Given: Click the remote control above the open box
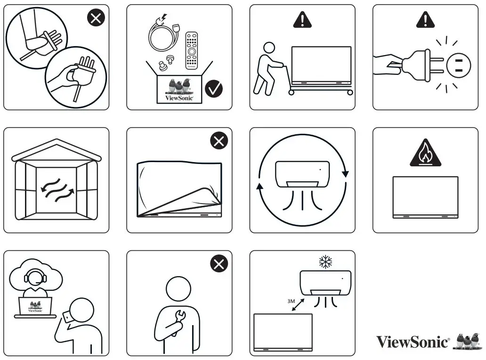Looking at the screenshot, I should [192, 50].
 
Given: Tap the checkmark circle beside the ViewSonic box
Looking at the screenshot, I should [214, 88].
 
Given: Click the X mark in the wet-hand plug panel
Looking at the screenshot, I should [96, 18].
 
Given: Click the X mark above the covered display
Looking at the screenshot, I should [219, 140].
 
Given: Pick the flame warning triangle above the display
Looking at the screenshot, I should [425, 154].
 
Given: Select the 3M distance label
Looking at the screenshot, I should [291, 300].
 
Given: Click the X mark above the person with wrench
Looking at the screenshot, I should [219, 264].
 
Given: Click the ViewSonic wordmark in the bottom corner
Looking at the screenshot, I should [413, 341].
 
